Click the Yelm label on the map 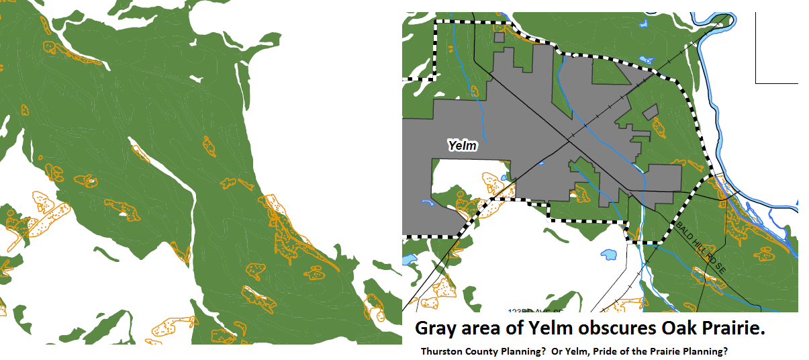[x=463, y=144]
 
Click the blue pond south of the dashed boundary [x=609, y=255]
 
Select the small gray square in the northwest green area [x=499, y=38]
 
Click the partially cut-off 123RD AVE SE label [x=534, y=311]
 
